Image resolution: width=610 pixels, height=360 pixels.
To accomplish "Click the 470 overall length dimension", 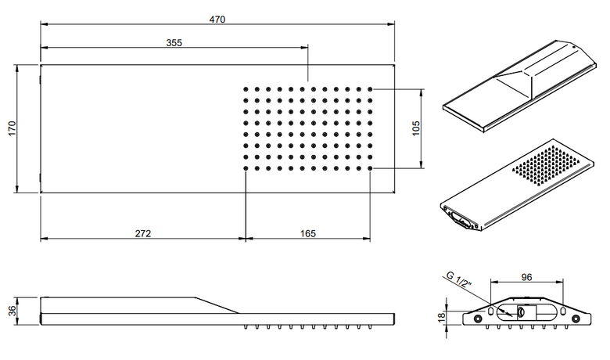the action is tap(217, 19).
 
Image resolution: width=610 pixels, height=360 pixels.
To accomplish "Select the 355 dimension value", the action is tap(174, 42).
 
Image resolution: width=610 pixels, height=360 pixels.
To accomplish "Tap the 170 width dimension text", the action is tap(12, 128).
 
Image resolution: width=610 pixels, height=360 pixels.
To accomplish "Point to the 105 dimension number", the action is tap(416, 128).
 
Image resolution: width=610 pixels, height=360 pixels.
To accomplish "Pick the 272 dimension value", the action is tap(143, 233).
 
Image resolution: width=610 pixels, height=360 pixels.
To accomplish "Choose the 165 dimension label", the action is tap(307, 233).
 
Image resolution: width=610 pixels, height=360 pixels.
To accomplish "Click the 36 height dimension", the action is tap(12, 310).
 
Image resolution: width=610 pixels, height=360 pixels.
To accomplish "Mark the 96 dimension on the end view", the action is tap(526, 277).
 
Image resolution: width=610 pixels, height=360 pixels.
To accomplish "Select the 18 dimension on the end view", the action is tap(441, 317).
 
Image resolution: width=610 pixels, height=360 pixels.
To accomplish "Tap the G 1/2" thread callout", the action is tap(459, 279).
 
